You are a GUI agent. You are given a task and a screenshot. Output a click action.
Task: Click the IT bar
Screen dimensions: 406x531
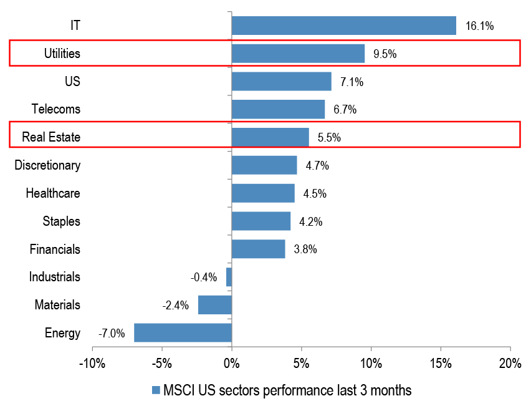(x=343, y=26)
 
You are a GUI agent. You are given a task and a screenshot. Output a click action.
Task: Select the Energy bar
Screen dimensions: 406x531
(x=183, y=332)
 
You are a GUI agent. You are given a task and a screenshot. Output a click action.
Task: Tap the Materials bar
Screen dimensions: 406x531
(x=215, y=305)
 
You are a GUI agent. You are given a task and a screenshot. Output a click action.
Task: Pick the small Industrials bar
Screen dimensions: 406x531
(x=229, y=277)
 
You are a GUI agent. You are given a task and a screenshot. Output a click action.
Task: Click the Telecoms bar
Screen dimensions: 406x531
(x=278, y=109)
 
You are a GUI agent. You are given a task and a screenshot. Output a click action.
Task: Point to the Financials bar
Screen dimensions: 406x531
(x=258, y=249)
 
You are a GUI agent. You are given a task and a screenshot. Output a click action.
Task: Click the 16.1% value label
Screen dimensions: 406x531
(x=479, y=26)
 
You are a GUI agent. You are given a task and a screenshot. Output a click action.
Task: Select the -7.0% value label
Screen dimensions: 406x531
(x=112, y=333)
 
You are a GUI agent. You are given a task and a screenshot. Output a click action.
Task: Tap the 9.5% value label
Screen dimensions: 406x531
(x=385, y=54)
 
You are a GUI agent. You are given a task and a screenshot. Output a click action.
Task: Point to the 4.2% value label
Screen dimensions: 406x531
(x=310, y=221)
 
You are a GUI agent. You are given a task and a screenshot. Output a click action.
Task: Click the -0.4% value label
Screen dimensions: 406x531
(x=204, y=278)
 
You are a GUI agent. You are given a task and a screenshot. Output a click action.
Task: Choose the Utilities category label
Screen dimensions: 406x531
(x=62, y=54)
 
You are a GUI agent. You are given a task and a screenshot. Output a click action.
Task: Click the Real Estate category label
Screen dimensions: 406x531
(x=51, y=137)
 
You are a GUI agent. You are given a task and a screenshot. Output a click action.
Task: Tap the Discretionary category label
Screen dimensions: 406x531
(x=47, y=165)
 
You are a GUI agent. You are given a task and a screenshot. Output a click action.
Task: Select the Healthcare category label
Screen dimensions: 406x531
(x=53, y=193)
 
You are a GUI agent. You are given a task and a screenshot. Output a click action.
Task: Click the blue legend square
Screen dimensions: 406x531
(x=156, y=391)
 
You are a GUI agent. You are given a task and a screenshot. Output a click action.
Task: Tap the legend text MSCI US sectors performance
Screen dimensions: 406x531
(x=287, y=391)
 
